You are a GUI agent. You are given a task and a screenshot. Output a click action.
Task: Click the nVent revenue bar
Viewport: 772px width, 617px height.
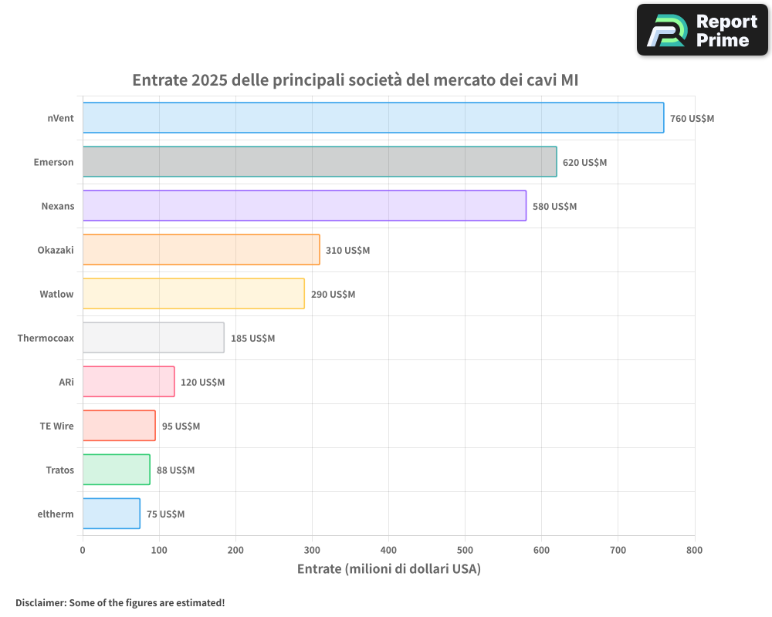[x=373, y=118]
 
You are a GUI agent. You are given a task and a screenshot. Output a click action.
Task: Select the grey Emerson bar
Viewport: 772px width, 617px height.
[x=320, y=162]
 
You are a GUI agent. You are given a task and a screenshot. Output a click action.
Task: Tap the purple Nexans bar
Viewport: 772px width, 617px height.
[x=304, y=206]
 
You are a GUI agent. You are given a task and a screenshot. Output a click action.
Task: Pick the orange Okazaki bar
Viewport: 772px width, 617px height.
[x=201, y=250]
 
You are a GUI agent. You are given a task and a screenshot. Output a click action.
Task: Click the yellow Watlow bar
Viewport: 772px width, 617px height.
[x=193, y=294]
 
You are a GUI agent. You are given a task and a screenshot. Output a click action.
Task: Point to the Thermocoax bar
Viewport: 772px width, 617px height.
[x=153, y=338]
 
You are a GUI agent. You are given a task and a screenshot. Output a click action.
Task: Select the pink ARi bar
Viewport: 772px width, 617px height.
[x=128, y=382]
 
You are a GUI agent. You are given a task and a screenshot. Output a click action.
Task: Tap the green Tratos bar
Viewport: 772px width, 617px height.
[x=116, y=470]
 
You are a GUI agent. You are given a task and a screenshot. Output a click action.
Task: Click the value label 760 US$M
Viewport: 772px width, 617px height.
[x=692, y=119]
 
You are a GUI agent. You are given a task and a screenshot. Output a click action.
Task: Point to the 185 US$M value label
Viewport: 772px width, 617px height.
[x=252, y=339]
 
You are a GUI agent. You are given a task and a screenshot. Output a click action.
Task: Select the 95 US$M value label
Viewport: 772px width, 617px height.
[x=181, y=427]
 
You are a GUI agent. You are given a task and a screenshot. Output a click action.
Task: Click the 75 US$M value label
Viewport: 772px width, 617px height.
[x=165, y=514]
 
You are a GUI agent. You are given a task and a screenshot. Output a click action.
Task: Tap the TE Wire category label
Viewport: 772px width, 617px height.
[x=57, y=426]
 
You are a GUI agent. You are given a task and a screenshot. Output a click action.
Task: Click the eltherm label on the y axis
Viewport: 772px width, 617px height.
[x=56, y=514]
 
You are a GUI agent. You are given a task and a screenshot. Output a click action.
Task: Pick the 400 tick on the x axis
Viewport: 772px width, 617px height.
[x=388, y=550]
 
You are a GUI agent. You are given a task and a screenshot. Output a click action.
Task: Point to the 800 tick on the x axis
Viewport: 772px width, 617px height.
[x=694, y=550]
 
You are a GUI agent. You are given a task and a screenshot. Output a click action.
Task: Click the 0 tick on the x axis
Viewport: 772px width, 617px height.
[x=83, y=550]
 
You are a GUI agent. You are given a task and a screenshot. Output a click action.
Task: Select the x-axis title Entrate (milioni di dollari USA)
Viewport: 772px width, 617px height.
[x=388, y=569]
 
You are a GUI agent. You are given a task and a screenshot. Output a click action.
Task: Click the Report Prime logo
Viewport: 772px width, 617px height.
[x=702, y=30]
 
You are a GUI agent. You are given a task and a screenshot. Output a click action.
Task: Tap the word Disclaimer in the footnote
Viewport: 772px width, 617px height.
[x=40, y=602]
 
